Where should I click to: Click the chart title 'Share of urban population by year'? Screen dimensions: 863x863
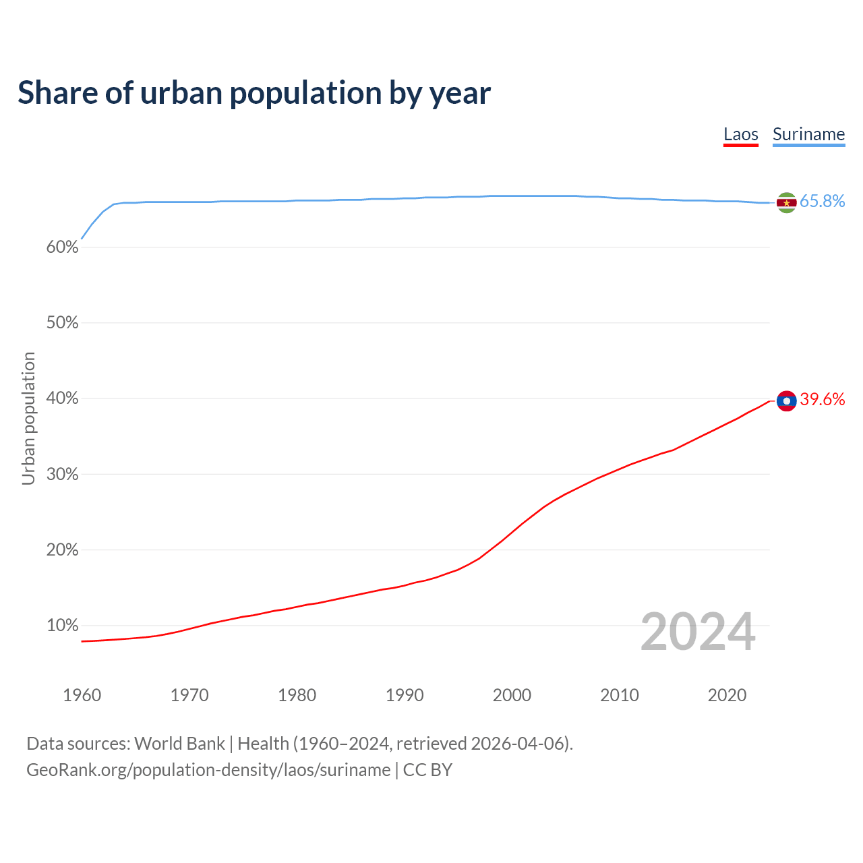point(254,93)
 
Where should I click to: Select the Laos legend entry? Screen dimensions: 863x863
point(741,134)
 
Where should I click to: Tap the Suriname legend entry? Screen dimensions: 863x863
point(808,134)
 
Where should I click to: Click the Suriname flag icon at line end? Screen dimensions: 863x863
point(786,202)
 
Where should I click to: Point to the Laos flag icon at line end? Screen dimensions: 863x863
point(786,400)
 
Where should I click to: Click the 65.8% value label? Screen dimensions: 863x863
point(822,201)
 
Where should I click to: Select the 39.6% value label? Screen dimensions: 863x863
point(822,399)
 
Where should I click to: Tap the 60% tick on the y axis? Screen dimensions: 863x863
point(63,247)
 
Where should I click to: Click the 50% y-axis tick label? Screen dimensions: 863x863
point(63,323)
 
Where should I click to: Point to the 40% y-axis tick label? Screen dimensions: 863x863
point(63,398)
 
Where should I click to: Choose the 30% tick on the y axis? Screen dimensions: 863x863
point(63,475)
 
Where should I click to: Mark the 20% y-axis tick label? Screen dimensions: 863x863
point(63,550)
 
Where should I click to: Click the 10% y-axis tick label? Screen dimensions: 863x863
point(63,626)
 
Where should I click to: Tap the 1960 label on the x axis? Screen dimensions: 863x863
point(82,695)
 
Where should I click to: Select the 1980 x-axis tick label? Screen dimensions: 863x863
point(297,695)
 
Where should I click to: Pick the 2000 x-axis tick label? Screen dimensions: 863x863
point(512,695)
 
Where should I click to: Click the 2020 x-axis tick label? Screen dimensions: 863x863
point(727,695)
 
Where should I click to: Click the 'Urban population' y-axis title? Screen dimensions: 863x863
point(28,418)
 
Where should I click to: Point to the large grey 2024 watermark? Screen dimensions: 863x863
point(698,632)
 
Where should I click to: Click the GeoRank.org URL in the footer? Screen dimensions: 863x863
point(208,770)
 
